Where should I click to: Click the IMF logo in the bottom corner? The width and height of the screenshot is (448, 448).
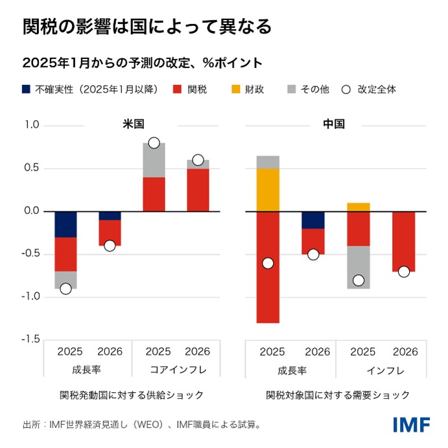click(x=411, y=425)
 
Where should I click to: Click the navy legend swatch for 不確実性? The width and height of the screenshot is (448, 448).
click(x=27, y=89)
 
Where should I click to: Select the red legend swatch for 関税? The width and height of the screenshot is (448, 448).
click(x=178, y=89)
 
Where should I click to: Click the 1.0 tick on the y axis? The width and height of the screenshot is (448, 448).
click(x=31, y=125)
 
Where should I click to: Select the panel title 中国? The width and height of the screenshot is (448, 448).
click(x=334, y=124)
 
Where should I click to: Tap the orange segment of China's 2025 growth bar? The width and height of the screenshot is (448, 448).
click(x=268, y=190)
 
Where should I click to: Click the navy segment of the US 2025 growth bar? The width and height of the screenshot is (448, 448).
click(x=65, y=224)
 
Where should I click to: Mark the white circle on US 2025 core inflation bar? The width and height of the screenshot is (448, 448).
click(x=154, y=143)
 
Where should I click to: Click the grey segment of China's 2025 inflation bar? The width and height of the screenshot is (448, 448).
click(x=359, y=267)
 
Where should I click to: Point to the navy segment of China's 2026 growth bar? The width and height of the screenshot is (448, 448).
click(x=313, y=220)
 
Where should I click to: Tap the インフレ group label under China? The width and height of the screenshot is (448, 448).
click(x=385, y=371)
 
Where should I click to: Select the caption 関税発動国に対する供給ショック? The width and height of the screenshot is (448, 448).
click(x=132, y=394)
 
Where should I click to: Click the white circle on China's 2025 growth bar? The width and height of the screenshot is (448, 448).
click(x=268, y=263)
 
